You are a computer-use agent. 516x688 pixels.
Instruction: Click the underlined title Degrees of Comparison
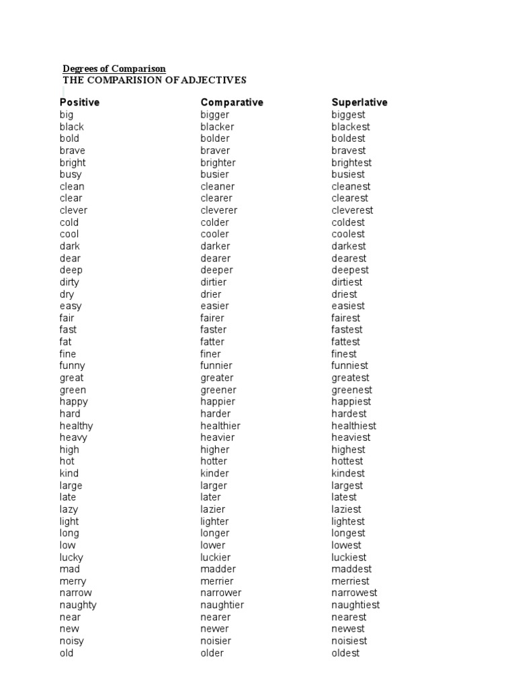pos(114,69)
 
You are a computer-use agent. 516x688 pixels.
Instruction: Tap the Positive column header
pos(79,102)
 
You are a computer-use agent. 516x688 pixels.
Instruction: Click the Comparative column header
pos(232,102)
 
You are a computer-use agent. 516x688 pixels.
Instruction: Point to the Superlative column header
pos(359,102)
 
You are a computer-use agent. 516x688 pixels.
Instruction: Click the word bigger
pos(214,115)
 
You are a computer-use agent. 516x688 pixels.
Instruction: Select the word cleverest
pos(352,210)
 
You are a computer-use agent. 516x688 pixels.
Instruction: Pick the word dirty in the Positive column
pos(69,282)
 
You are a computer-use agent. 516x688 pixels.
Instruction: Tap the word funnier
pos(216,366)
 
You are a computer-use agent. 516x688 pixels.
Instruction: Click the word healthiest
pos(354,426)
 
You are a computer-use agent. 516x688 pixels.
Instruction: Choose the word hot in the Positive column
pos(67,462)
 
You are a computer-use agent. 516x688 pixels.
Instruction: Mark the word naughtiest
pos(355,605)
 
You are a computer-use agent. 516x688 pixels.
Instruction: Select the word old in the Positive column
pos(67,653)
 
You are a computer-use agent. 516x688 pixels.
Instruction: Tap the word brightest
pos(351,163)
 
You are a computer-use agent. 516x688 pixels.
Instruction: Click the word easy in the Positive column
pos(71,306)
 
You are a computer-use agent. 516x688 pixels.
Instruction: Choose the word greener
pos(218,390)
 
